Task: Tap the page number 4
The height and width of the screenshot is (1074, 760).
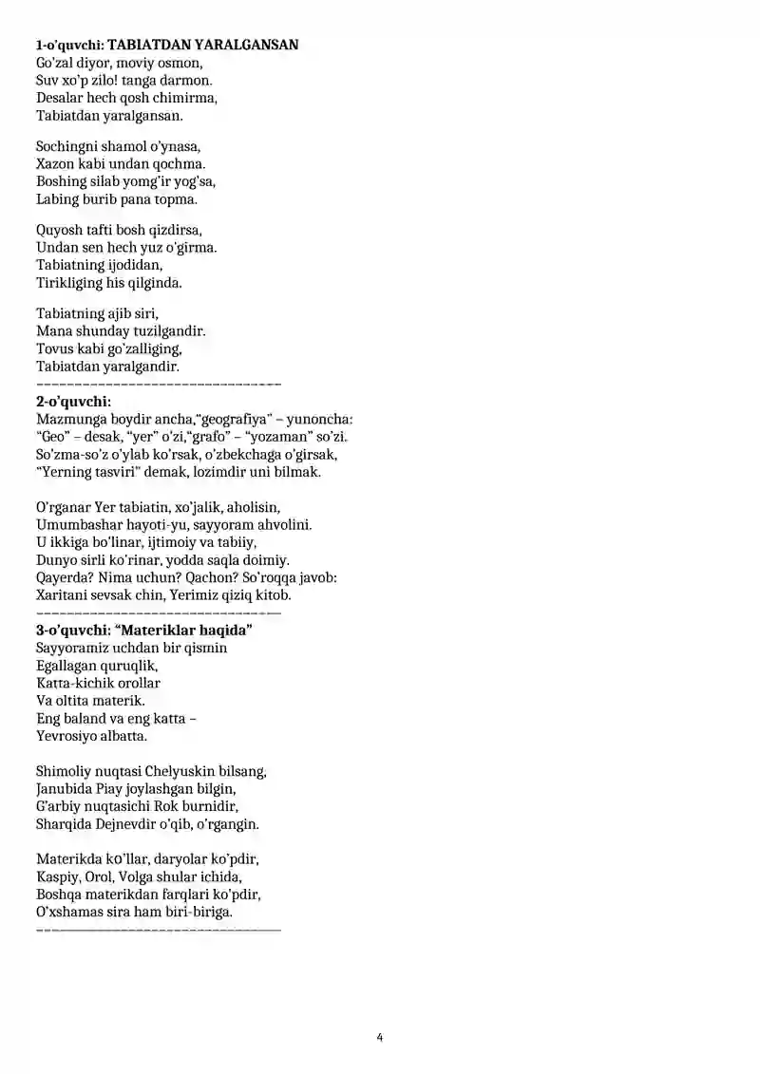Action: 379,1038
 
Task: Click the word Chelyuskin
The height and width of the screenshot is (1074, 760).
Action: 180,772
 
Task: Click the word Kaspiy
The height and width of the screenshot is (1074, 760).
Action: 57,876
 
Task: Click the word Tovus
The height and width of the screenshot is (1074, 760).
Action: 54,349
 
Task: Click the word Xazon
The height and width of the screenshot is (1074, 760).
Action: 56,164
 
